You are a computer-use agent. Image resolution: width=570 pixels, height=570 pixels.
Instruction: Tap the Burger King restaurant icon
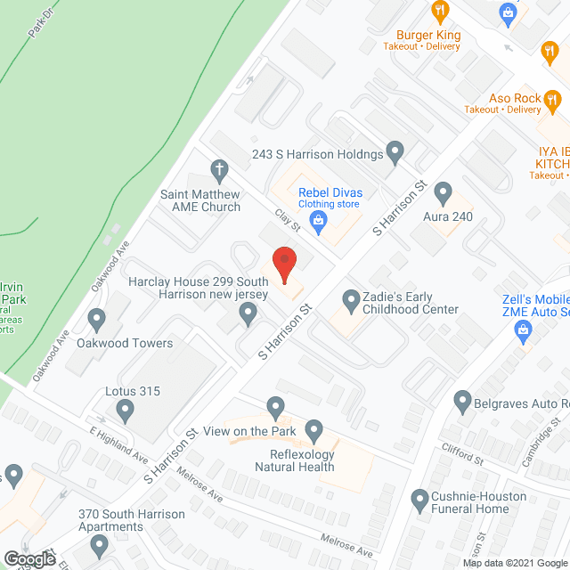(439, 12)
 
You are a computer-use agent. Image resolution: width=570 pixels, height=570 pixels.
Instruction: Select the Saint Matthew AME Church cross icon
(220, 169)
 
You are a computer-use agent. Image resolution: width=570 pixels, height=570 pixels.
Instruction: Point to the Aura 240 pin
(444, 195)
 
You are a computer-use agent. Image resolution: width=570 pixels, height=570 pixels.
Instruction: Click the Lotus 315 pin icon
(126, 411)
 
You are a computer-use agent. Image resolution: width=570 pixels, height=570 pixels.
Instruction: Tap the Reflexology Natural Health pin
(313, 432)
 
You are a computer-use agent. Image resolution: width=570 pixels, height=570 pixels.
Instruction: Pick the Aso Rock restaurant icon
(552, 99)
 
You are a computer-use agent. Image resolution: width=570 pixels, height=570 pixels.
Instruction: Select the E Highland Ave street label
(118, 444)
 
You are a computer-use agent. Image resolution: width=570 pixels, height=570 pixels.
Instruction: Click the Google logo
(30, 558)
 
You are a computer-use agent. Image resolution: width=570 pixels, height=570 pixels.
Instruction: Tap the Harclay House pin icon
(249, 312)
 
